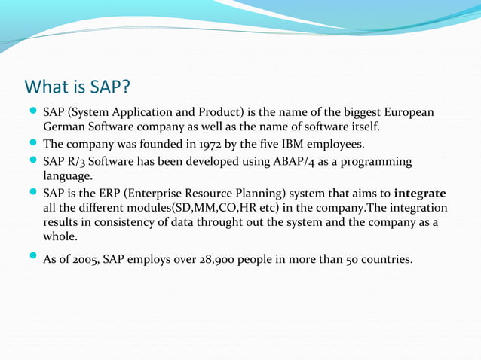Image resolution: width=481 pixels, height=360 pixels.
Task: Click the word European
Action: [x=408, y=112]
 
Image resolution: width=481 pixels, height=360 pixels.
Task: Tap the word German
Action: [x=64, y=126]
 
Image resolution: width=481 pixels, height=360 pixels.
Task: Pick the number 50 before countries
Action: [x=351, y=260]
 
